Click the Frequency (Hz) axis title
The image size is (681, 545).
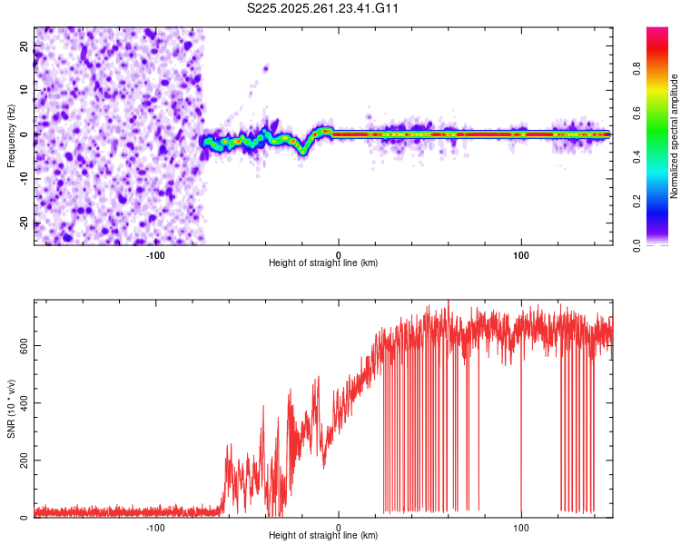coord(11,136)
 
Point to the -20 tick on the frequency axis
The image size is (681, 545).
coord(25,223)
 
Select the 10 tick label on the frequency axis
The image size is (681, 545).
coord(25,89)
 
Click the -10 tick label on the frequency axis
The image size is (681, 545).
coord(25,178)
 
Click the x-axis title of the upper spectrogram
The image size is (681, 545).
coord(323,263)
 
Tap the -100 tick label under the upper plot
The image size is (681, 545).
coord(155,254)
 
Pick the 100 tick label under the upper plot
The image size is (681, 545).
coord(521,254)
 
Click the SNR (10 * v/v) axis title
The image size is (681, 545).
coord(11,409)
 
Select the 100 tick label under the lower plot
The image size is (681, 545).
coord(521,527)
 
